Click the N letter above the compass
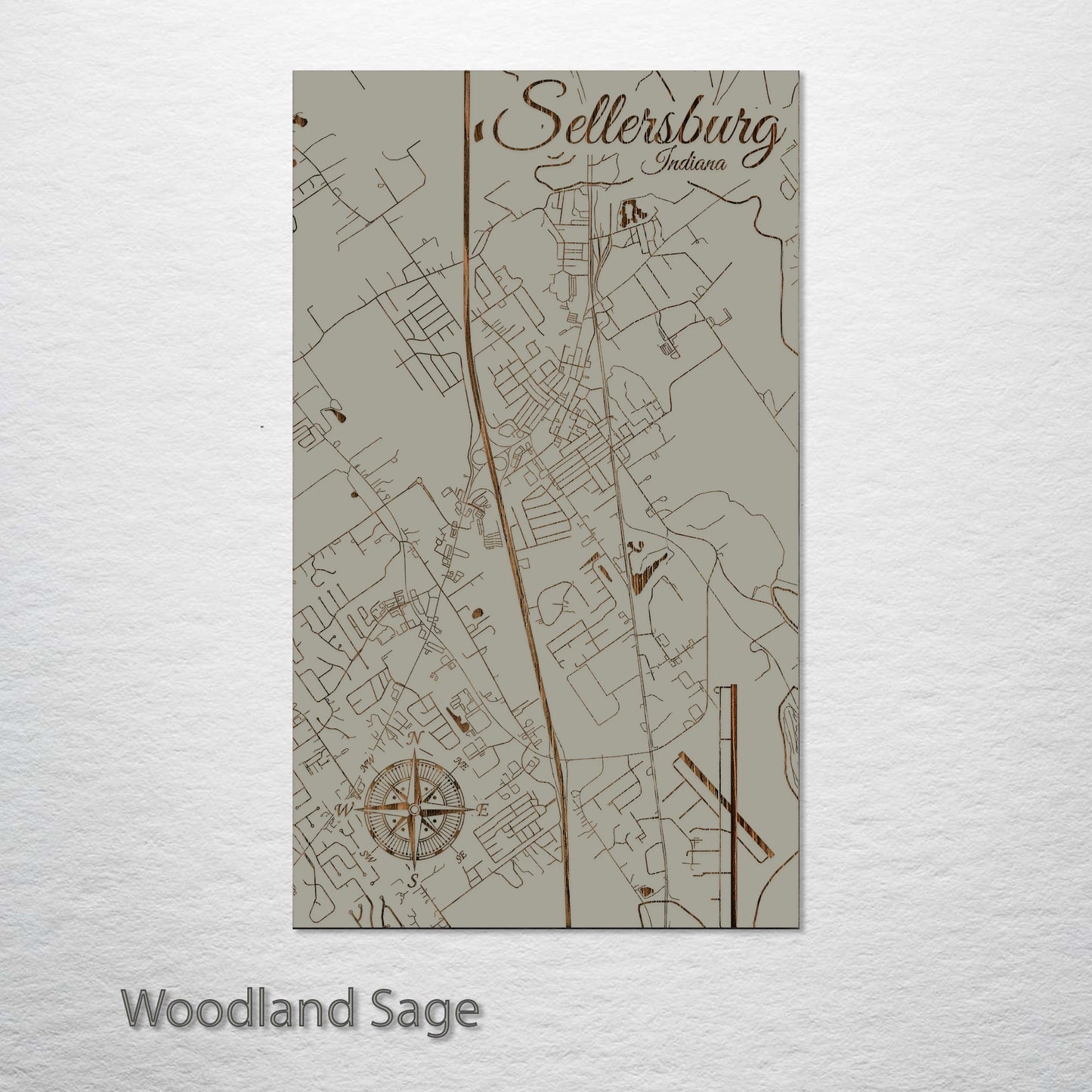pos(414,738)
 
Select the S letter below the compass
pos(413,880)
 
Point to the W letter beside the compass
pos(344,809)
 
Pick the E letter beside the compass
pos(484,811)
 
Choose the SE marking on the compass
pos(459,858)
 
